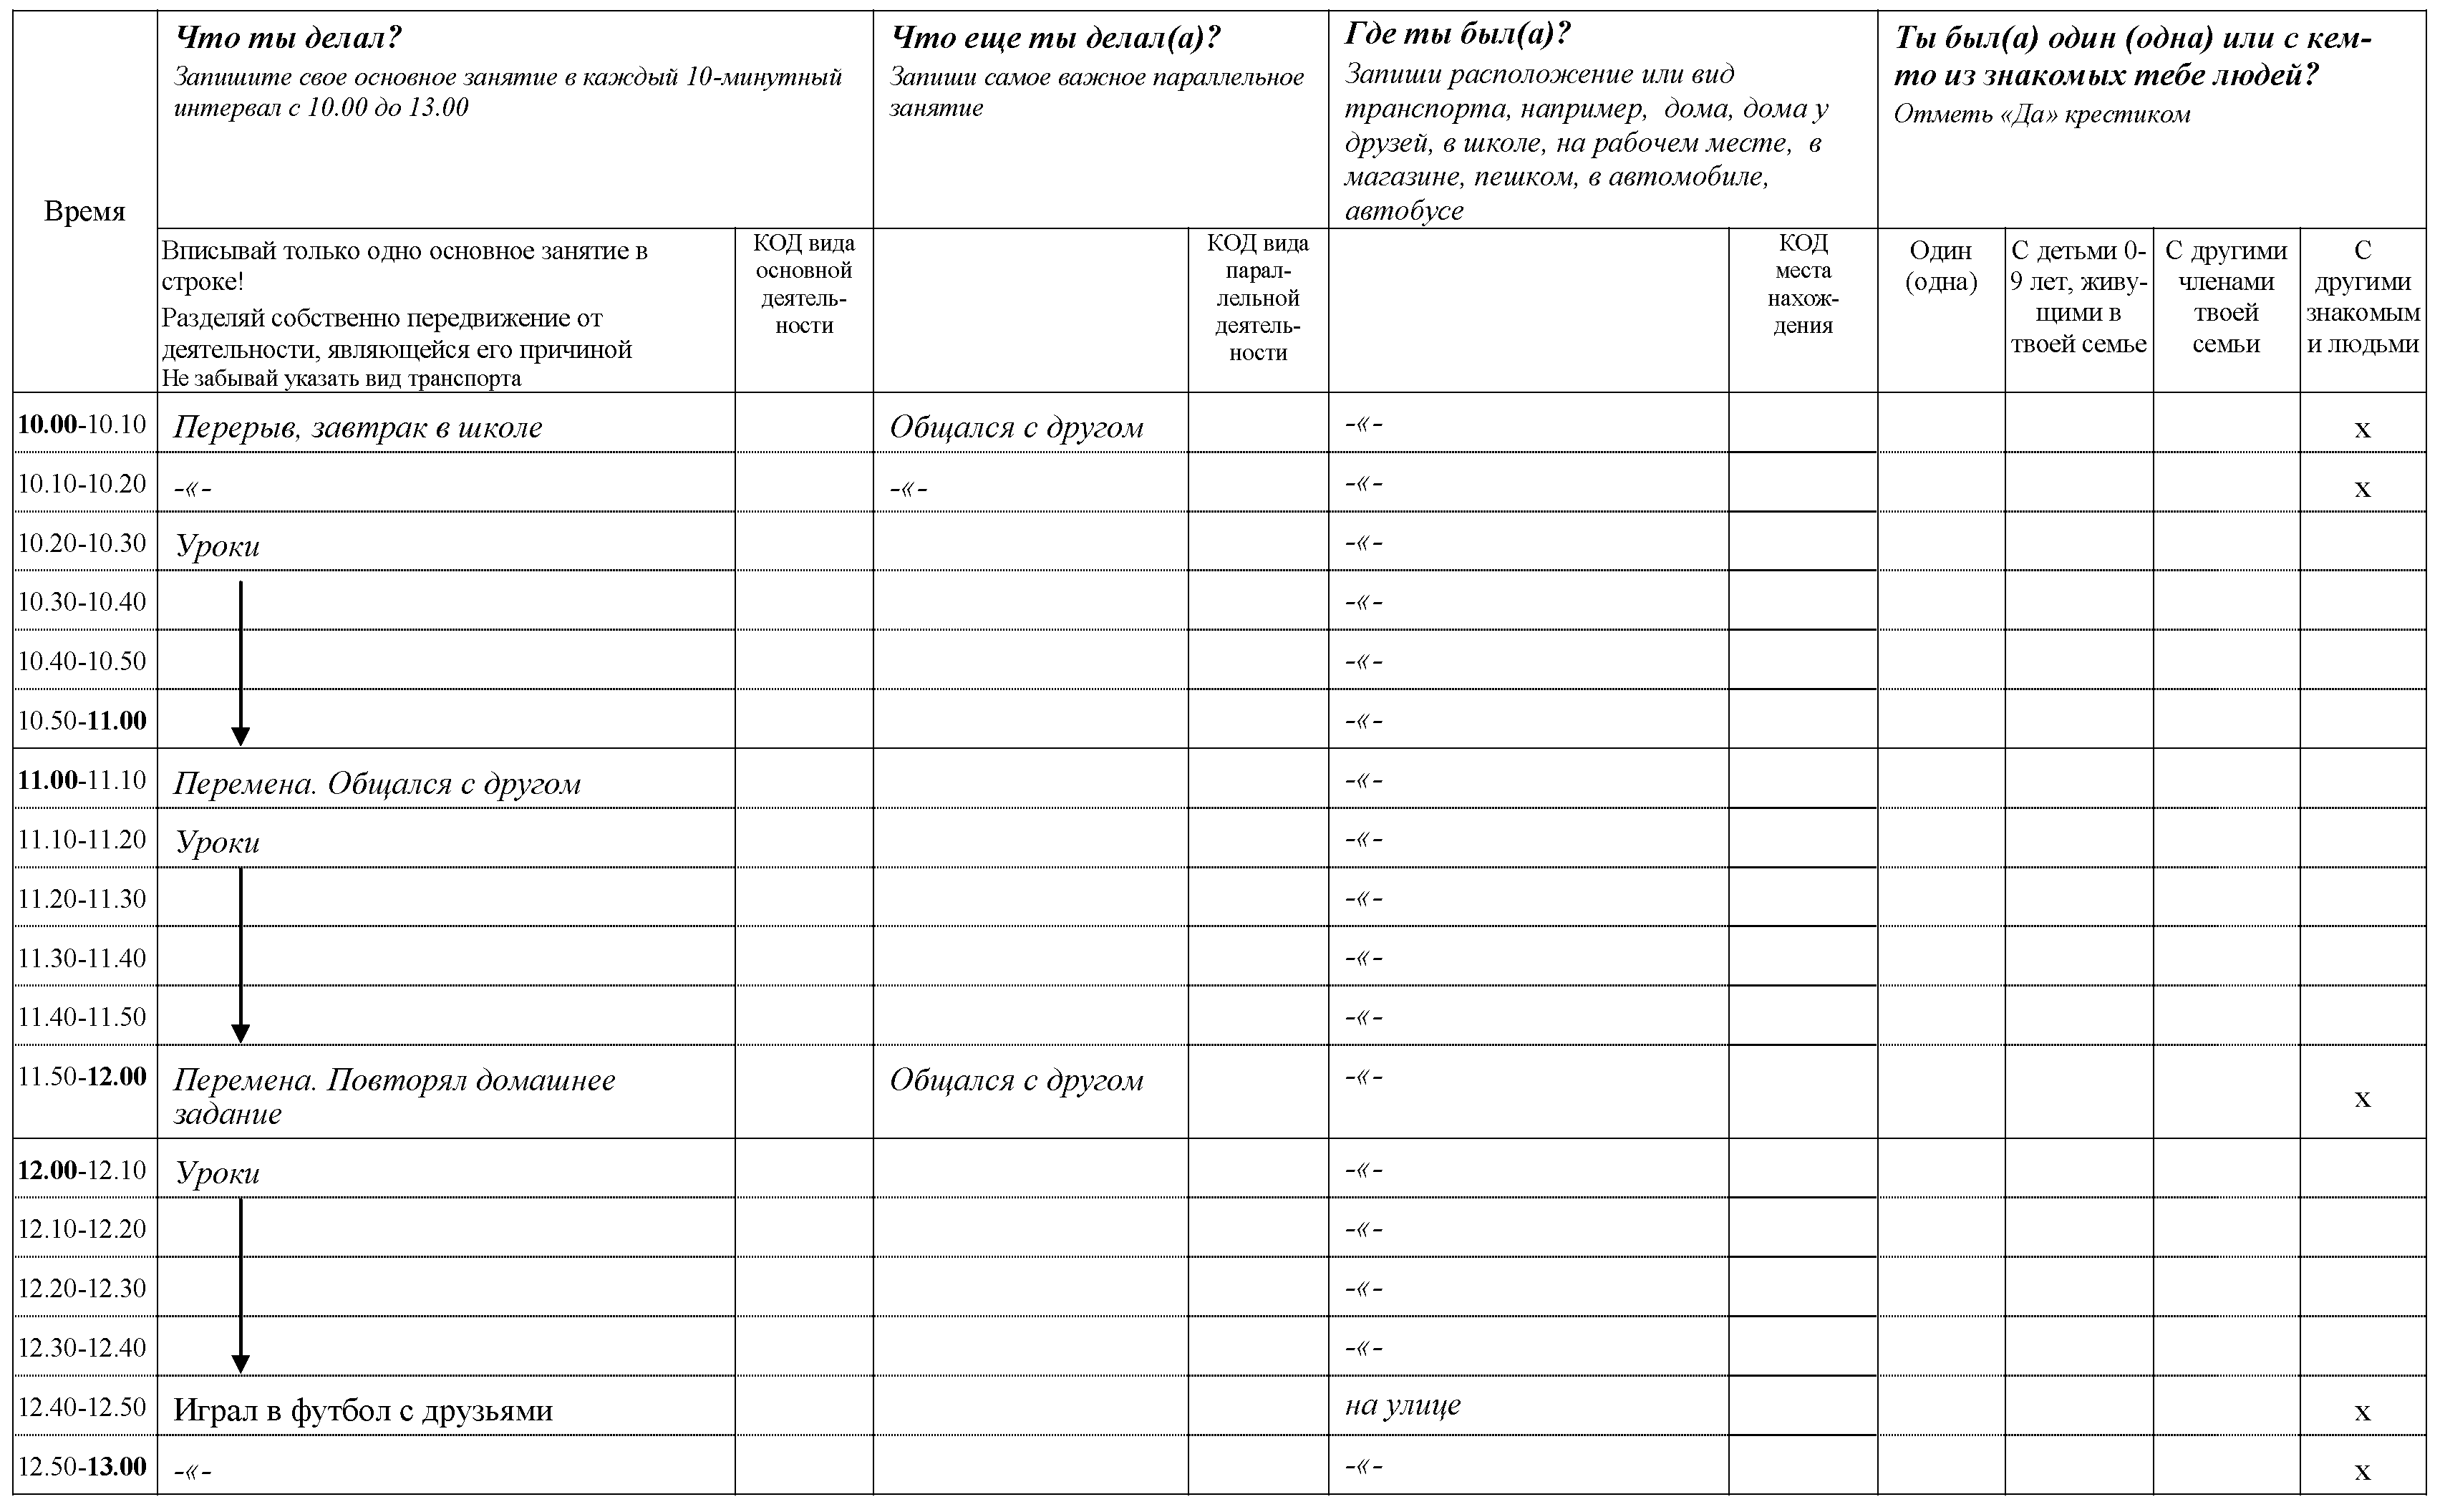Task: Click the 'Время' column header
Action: click(x=85, y=212)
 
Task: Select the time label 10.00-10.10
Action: click(x=83, y=424)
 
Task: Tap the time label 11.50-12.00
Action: click(x=83, y=1077)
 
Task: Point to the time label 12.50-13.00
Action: click(x=83, y=1467)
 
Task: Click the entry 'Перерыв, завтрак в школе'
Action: click(x=358, y=428)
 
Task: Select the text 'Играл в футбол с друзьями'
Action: click(x=363, y=1411)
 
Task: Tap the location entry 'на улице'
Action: click(x=1403, y=1405)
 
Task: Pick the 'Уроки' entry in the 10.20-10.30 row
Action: click(x=218, y=546)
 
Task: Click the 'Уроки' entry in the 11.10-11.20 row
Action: click(x=218, y=843)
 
